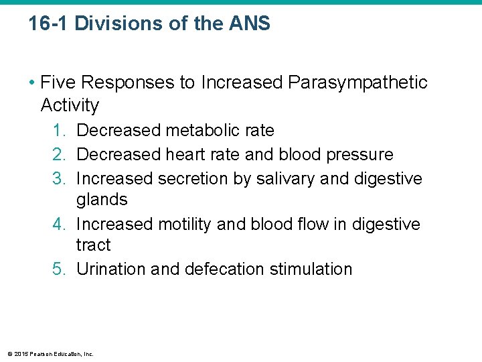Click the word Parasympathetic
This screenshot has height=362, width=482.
click(357, 82)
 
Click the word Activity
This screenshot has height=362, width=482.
click(70, 105)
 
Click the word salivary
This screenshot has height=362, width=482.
click(285, 179)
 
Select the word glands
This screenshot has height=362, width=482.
click(102, 200)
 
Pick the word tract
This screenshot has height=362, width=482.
click(94, 245)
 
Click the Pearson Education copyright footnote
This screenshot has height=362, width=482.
click(50, 353)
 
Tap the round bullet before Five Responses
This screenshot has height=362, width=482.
click(32, 83)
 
